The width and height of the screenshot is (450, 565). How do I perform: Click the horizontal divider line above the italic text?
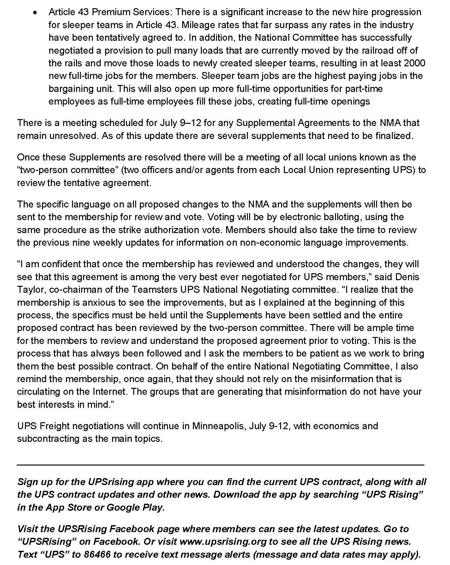220,465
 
